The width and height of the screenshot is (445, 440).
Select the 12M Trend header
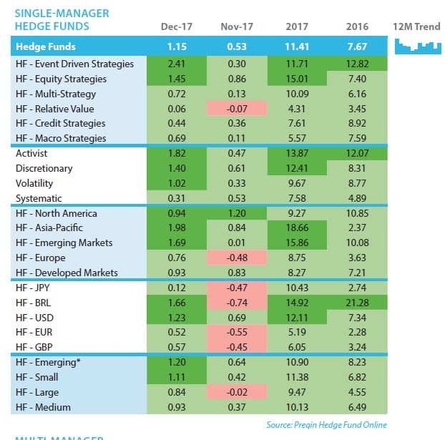[416, 27]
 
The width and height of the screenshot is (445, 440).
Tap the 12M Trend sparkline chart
[416, 47]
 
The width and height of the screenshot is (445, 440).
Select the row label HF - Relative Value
[58, 109]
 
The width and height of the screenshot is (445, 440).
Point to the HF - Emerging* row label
[48, 363]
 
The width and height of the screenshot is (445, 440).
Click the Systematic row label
[39, 198]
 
